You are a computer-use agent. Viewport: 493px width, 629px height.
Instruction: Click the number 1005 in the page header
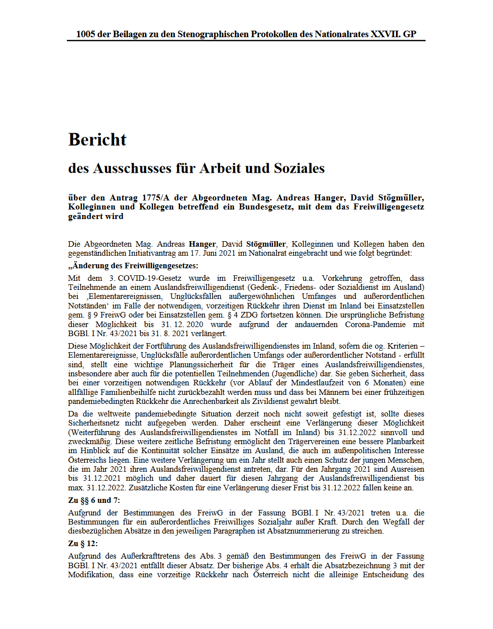[85, 34]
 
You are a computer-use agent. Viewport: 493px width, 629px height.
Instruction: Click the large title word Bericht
[97, 140]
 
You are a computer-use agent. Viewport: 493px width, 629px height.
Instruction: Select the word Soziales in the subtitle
[300, 168]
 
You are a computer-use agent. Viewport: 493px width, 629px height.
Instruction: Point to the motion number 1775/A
[156, 198]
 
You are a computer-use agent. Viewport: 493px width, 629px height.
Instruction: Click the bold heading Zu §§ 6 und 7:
[94, 500]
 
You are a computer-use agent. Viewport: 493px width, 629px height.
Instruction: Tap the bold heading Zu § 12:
[83, 544]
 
